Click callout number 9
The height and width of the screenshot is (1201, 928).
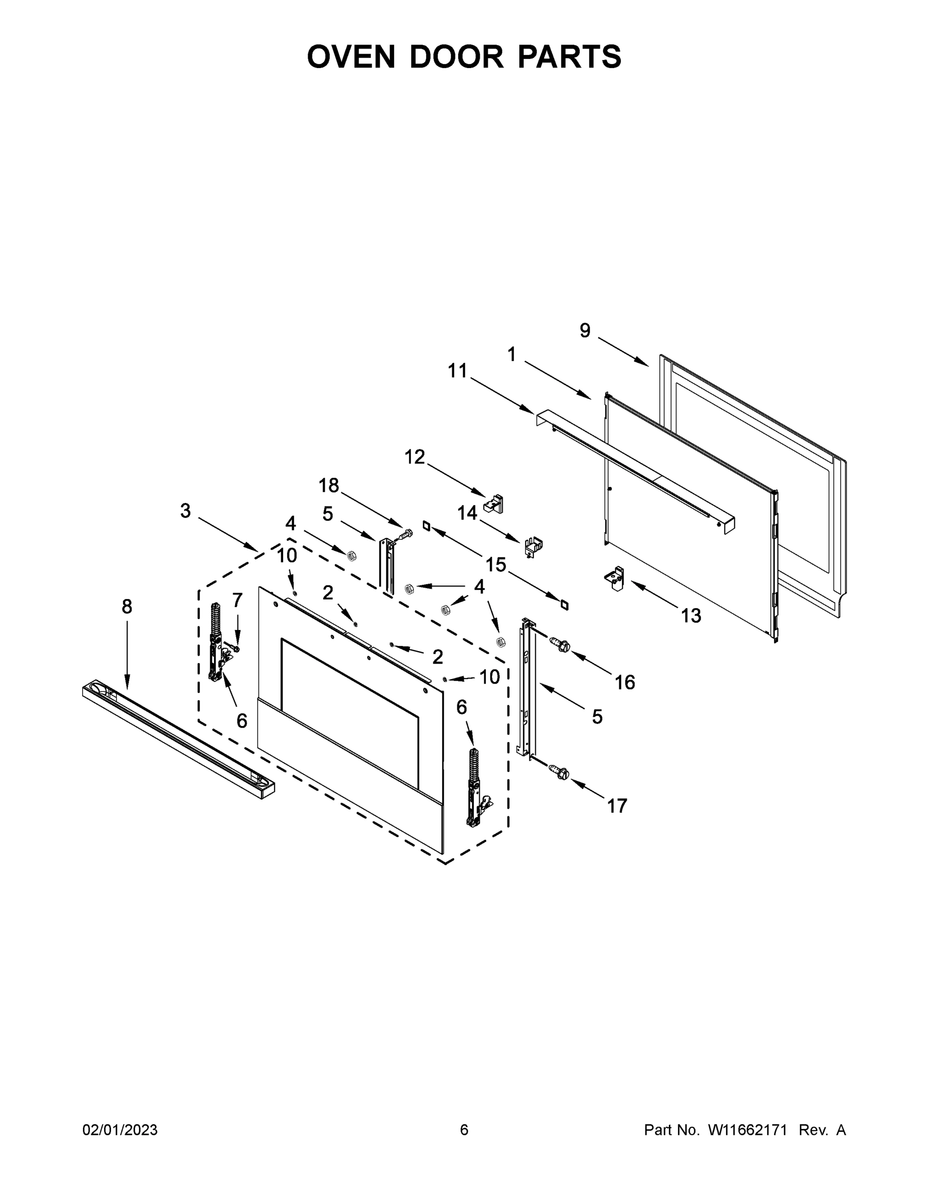click(x=585, y=330)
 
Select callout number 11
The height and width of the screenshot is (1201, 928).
click(x=457, y=371)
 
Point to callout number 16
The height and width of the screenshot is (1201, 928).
click(x=624, y=683)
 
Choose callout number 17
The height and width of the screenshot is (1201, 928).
click(x=617, y=806)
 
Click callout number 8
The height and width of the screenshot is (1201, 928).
click(x=127, y=607)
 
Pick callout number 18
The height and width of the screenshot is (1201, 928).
click(x=329, y=485)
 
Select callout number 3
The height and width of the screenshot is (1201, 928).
click(x=185, y=511)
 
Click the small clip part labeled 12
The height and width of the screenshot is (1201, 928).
click(x=493, y=503)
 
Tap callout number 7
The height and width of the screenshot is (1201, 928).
click(x=237, y=600)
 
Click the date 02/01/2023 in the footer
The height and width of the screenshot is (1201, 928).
click(x=120, y=1130)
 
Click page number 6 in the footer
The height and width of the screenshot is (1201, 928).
click(x=464, y=1130)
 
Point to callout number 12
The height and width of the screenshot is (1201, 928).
click(x=415, y=456)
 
